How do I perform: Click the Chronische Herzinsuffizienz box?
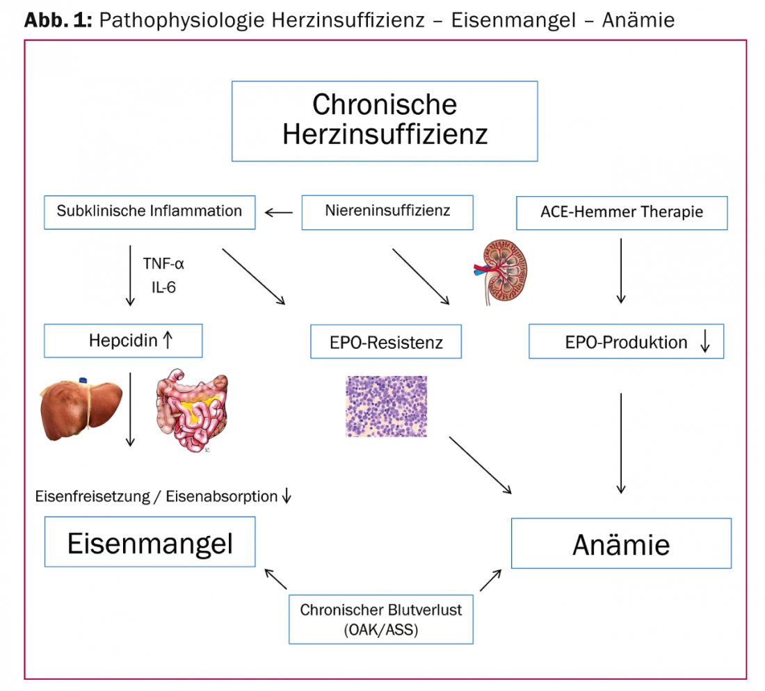coord(385,121)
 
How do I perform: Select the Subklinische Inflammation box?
coord(149,212)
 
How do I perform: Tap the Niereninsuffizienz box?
coord(387,212)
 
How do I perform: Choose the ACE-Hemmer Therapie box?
coord(621,212)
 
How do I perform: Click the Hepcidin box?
coord(123,341)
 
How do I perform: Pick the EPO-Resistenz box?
coord(385,341)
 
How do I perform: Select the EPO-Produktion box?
coord(626,341)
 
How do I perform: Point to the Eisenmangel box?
coord(150,542)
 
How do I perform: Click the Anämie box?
coord(621,543)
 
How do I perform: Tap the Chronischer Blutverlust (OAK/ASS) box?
coord(380,619)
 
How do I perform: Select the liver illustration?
coord(82,408)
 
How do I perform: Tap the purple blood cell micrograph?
coord(386,407)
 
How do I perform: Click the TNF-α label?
coord(163,264)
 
